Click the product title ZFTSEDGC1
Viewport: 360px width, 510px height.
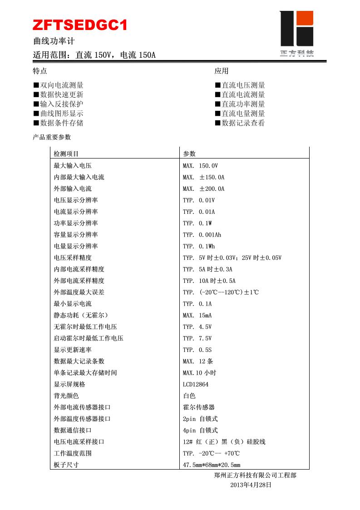pyautogui.click(x=80, y=25)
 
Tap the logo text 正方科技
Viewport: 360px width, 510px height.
pyautogui.click(x=296, y=54)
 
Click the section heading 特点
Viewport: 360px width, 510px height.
pyautogui.click(x=40, y=71)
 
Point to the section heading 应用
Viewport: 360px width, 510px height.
pyautogui.click(x=222, y=71)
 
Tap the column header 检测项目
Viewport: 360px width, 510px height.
pyautogui.click(x=66, y=154)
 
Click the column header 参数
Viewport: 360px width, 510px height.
pyautogui.click(x=189, y=154)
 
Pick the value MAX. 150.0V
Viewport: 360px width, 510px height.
pyautogui.click(x=200, y=166)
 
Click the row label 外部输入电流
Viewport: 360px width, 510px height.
pyautogui.click(x=73, y=189)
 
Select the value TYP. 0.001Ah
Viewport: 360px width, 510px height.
pyautogui.click(x=202, y=235)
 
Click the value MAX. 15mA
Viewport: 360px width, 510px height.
pyautogui.click(x=197, y=315)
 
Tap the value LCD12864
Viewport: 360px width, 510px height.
pyautogui.click(x=196, y=384)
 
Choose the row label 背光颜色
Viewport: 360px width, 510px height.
pyautogui.click(x=66, y=396)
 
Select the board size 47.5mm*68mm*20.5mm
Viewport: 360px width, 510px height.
pyautogui.click(x=212, y=465)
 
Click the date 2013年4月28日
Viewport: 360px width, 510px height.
pyautogui.click(x=251, y=485)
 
